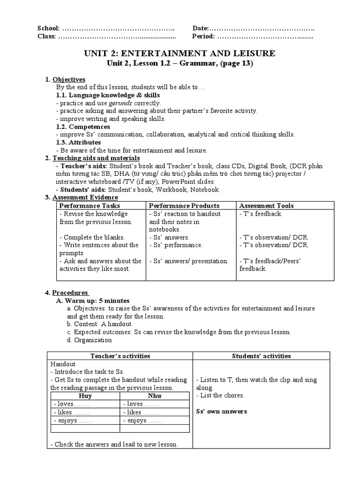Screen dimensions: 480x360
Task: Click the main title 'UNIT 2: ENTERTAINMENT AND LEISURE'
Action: pyautogui.click(x=180, y=53)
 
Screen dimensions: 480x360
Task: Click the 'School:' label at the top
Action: pyautogui.click(x=48, y=28)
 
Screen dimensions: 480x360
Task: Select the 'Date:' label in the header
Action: pyautogui.click(x=200, y=28)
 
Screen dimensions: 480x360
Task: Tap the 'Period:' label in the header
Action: pyautogui.click(x=203, y=36)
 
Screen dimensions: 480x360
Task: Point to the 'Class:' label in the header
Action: pyautogui.click(x=47, y=36)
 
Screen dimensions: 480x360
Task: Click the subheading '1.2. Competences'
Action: pyautogui.click(x=83, y=127)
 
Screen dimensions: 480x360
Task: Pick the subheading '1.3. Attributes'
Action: pyautogui.click(x=78, y=142)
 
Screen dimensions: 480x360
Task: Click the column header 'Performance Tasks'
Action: pyautogui.click(x=90, y=205)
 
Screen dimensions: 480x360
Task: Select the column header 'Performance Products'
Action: pyautogui.click(x=184, y=205)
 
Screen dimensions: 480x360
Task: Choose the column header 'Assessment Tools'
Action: pyautogui.click(x=266, y=205)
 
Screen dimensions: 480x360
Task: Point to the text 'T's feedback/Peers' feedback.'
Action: pyautogui.click(x=270, y=265)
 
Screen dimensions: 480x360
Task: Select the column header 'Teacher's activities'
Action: pyautogui.click(x=120, y=356)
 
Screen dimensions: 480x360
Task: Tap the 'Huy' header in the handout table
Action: pyautogui.click(x=86, y=396)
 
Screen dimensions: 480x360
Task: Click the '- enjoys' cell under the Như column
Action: pyautogui.click(x=142, y=420)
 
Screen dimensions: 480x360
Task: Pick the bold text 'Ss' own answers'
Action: pyautogui.click(x=222, y=412)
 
